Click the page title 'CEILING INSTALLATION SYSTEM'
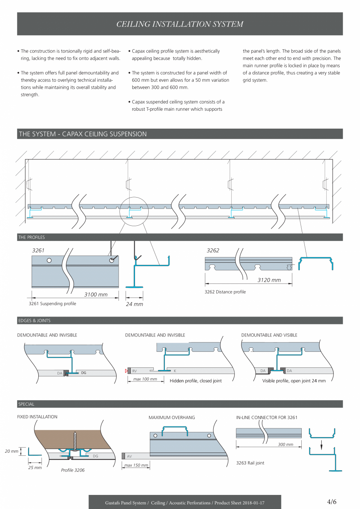(x=180, y=24)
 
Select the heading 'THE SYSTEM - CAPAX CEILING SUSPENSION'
(x=83, y=134)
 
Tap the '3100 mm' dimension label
(x=96, y=294)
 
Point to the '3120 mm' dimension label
(x=269, y=280)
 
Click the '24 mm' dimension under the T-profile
(x=134, y=304)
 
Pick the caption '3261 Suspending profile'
(x=52, y=304)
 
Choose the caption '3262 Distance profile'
(x=225, y=292)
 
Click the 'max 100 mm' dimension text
(x=145, y=379)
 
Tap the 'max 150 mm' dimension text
(x=136, y=465)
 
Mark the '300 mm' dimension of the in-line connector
(x=286, y=444)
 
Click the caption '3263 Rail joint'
(x=250, y=463)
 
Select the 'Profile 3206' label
(x=73, y=470)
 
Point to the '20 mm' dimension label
(x=12, y=451)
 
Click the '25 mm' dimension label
(x=35, y=468)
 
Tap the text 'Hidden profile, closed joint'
(x=196, y=381)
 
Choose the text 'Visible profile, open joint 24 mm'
(x=294, y=381)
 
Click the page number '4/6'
(x=332, y=502)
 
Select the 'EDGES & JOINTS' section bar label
(x=34, y=320)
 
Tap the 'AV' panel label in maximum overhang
(x=130, y=456)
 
